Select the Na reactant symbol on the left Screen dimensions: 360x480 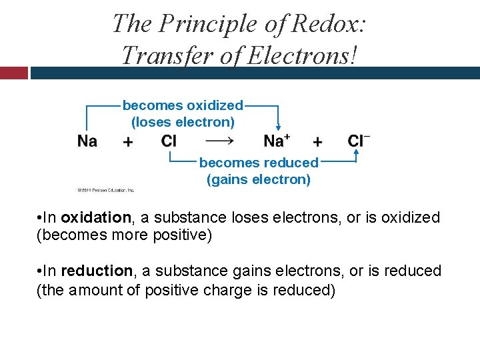click(87, 141)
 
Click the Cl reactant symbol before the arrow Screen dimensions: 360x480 click(169, 141)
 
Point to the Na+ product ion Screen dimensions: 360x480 click(277, 140)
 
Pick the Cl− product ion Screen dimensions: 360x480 click(359, 140)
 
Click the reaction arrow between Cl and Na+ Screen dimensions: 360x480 click(219, 141)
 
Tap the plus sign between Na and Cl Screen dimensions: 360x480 click(128, 141)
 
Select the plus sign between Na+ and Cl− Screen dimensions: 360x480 click(317, 141)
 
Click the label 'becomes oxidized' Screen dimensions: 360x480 click(183, 105)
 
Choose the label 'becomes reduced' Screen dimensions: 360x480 click(259, 163)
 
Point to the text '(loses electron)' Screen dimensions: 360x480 click(183, 122)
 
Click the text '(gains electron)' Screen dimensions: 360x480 click(259, 179)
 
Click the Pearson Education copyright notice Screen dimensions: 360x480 click(106, 190)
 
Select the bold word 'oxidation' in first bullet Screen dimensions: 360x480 click(96, 217)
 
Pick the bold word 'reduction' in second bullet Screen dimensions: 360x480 click(97, 271)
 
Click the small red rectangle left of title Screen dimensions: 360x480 click(13, 73)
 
